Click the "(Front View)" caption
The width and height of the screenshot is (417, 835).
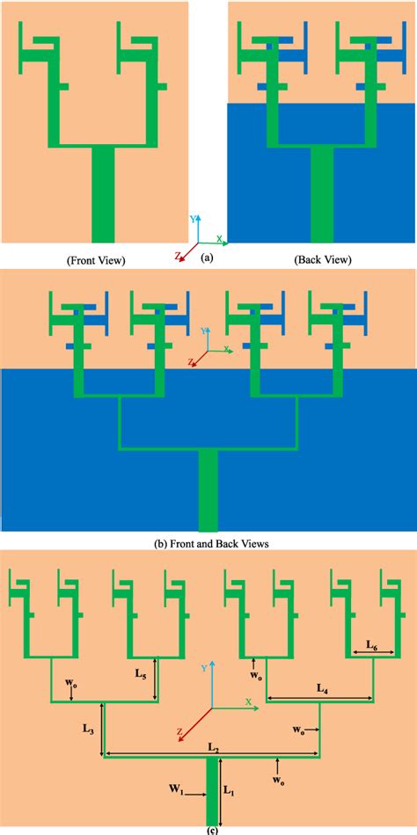point(96,259)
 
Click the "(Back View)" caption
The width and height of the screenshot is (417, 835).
point(322,259)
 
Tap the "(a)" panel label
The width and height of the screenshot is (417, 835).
point(207,258)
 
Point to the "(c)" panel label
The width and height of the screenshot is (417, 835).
point(208,829)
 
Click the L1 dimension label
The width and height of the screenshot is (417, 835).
point(228,790)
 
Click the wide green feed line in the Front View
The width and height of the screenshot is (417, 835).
point(103,194)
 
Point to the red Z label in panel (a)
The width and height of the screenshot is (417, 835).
point(179,257)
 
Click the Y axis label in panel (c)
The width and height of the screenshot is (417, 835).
point(204,668)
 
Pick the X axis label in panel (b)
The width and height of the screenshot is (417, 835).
point(227,350)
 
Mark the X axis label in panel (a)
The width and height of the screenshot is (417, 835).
point(219,239)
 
